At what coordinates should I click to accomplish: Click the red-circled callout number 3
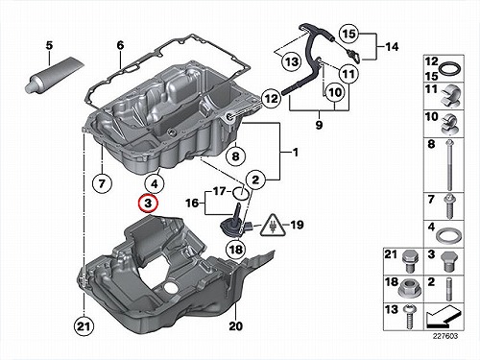pos(148,203)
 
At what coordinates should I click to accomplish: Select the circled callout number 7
pos(102,183)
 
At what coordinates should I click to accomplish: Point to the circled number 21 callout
pos(84,326)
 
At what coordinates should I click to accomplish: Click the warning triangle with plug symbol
pos(272,226)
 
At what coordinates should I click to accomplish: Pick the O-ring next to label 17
pos(241,192)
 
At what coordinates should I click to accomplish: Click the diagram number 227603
pos(445,336)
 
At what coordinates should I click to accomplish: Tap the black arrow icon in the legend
pos(444,316)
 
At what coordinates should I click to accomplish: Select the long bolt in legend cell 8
pos(449,165)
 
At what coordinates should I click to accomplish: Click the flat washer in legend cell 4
pos(448,237)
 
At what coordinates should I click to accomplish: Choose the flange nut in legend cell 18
pos(411,287)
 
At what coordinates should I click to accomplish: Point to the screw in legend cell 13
pos(408,317)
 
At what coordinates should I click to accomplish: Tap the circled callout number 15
pos(349,34)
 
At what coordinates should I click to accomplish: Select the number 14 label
pos(392,47)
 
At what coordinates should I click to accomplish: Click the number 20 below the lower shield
pos(236,326)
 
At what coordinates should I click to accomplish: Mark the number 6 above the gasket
pos(120,45)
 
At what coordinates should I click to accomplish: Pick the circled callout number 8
pos(235,156)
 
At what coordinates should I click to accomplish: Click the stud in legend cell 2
pos(449,289)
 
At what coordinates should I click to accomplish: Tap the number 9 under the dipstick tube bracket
pos(319,125)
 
